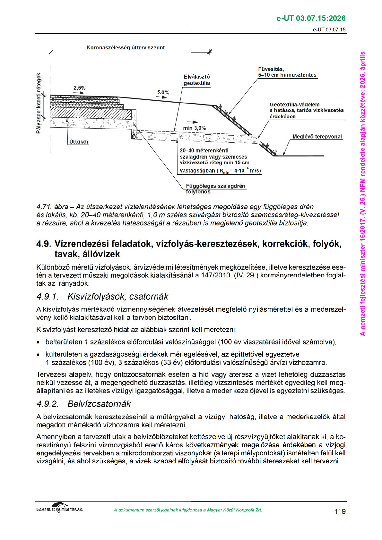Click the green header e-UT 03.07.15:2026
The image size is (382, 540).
[311, 18]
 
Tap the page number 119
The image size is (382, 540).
[340, 511]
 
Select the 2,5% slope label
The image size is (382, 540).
[79, 88]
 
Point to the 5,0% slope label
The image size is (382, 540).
[163, 92]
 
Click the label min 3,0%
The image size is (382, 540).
[194, 128]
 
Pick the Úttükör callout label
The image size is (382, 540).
[79, 142]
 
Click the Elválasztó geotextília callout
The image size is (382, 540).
[196, 80]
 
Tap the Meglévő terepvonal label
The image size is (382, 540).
[317, 137]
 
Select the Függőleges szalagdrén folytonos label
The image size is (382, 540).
[215, 189]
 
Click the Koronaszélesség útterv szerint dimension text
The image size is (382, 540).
[126, 48]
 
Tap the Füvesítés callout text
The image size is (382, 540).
[287, 72]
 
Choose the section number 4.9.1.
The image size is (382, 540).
[47, 297]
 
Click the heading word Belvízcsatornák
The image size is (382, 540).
[99, 404]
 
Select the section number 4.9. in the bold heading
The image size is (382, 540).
[44, 244]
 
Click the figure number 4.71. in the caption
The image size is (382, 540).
[44, 207]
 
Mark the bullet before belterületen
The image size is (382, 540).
[38, 342]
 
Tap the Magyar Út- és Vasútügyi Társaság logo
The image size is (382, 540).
[59, 508]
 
